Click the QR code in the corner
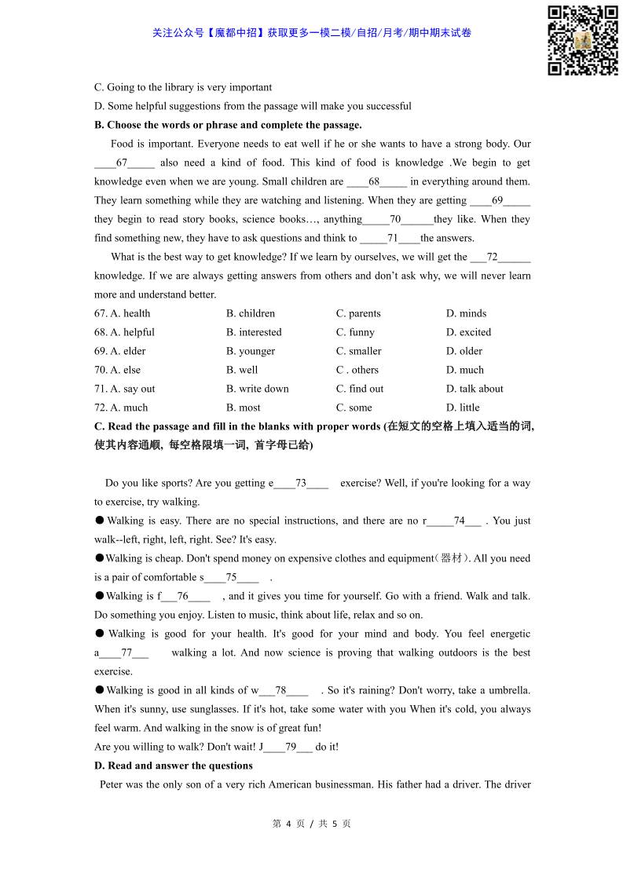coord(582,40)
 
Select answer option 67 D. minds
coord(466,313)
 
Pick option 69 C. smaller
coord(358,351)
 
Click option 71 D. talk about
coord(475,389)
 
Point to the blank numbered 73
coord(301,483)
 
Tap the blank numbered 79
coord(290,747)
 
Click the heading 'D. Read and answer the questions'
coord(174,766)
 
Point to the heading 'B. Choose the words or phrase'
coord(228,125)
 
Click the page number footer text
coord(311,824)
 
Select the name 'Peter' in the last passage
coord(112,784)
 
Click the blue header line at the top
coord(311,33)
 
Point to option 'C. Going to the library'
coord(183,87)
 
